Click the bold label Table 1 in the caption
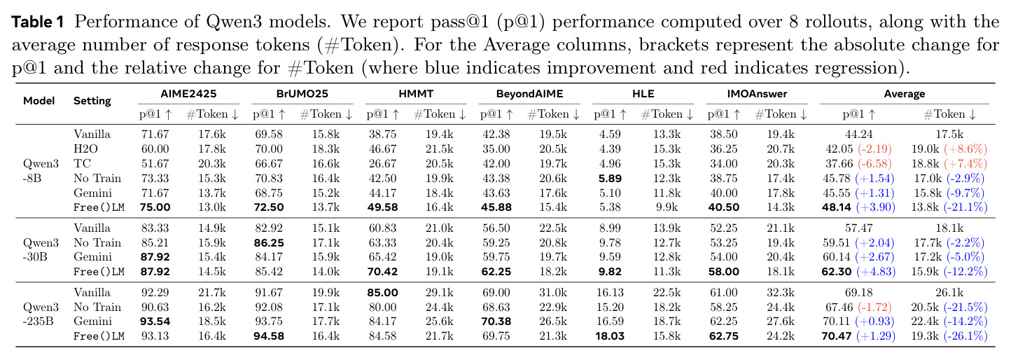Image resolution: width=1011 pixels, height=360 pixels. [x=38, y=22]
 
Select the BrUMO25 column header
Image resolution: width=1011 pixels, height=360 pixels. [x=302, y=94]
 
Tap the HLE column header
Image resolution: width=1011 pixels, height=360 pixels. [x=643, y=94]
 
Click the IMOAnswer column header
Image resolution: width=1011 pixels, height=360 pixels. [x=757, y=94]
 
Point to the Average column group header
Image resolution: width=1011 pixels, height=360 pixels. [x=904, y=94]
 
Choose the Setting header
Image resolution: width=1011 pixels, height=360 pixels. [x=92, y=101]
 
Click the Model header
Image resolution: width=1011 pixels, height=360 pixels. [x=39, y=101]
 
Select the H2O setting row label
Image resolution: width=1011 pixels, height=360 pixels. [x=85, y=149]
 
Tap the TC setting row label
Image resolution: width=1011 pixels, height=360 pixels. [x=82, y=163]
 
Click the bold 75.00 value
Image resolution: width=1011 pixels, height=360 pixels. [x=155, y=207]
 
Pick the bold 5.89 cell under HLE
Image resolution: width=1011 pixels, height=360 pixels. [x=610, y=179]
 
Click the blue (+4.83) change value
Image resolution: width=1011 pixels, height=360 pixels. [x=875, y=272]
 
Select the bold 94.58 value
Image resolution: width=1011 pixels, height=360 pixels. [x=269, y=336]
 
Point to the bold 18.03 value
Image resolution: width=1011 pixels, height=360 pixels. [x=610, y=336]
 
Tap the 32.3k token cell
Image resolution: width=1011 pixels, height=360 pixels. [x=781, y=293]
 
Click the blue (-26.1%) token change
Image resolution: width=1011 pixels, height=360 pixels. [x=965, y=336]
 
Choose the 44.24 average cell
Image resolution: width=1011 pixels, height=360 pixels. [x=859, y=134]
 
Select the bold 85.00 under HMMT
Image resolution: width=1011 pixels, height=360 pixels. [x=382, y=293]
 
